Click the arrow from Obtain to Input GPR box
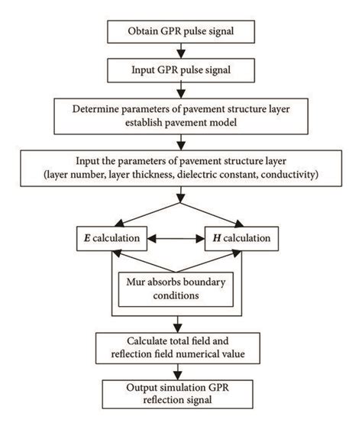click(180, 50)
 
